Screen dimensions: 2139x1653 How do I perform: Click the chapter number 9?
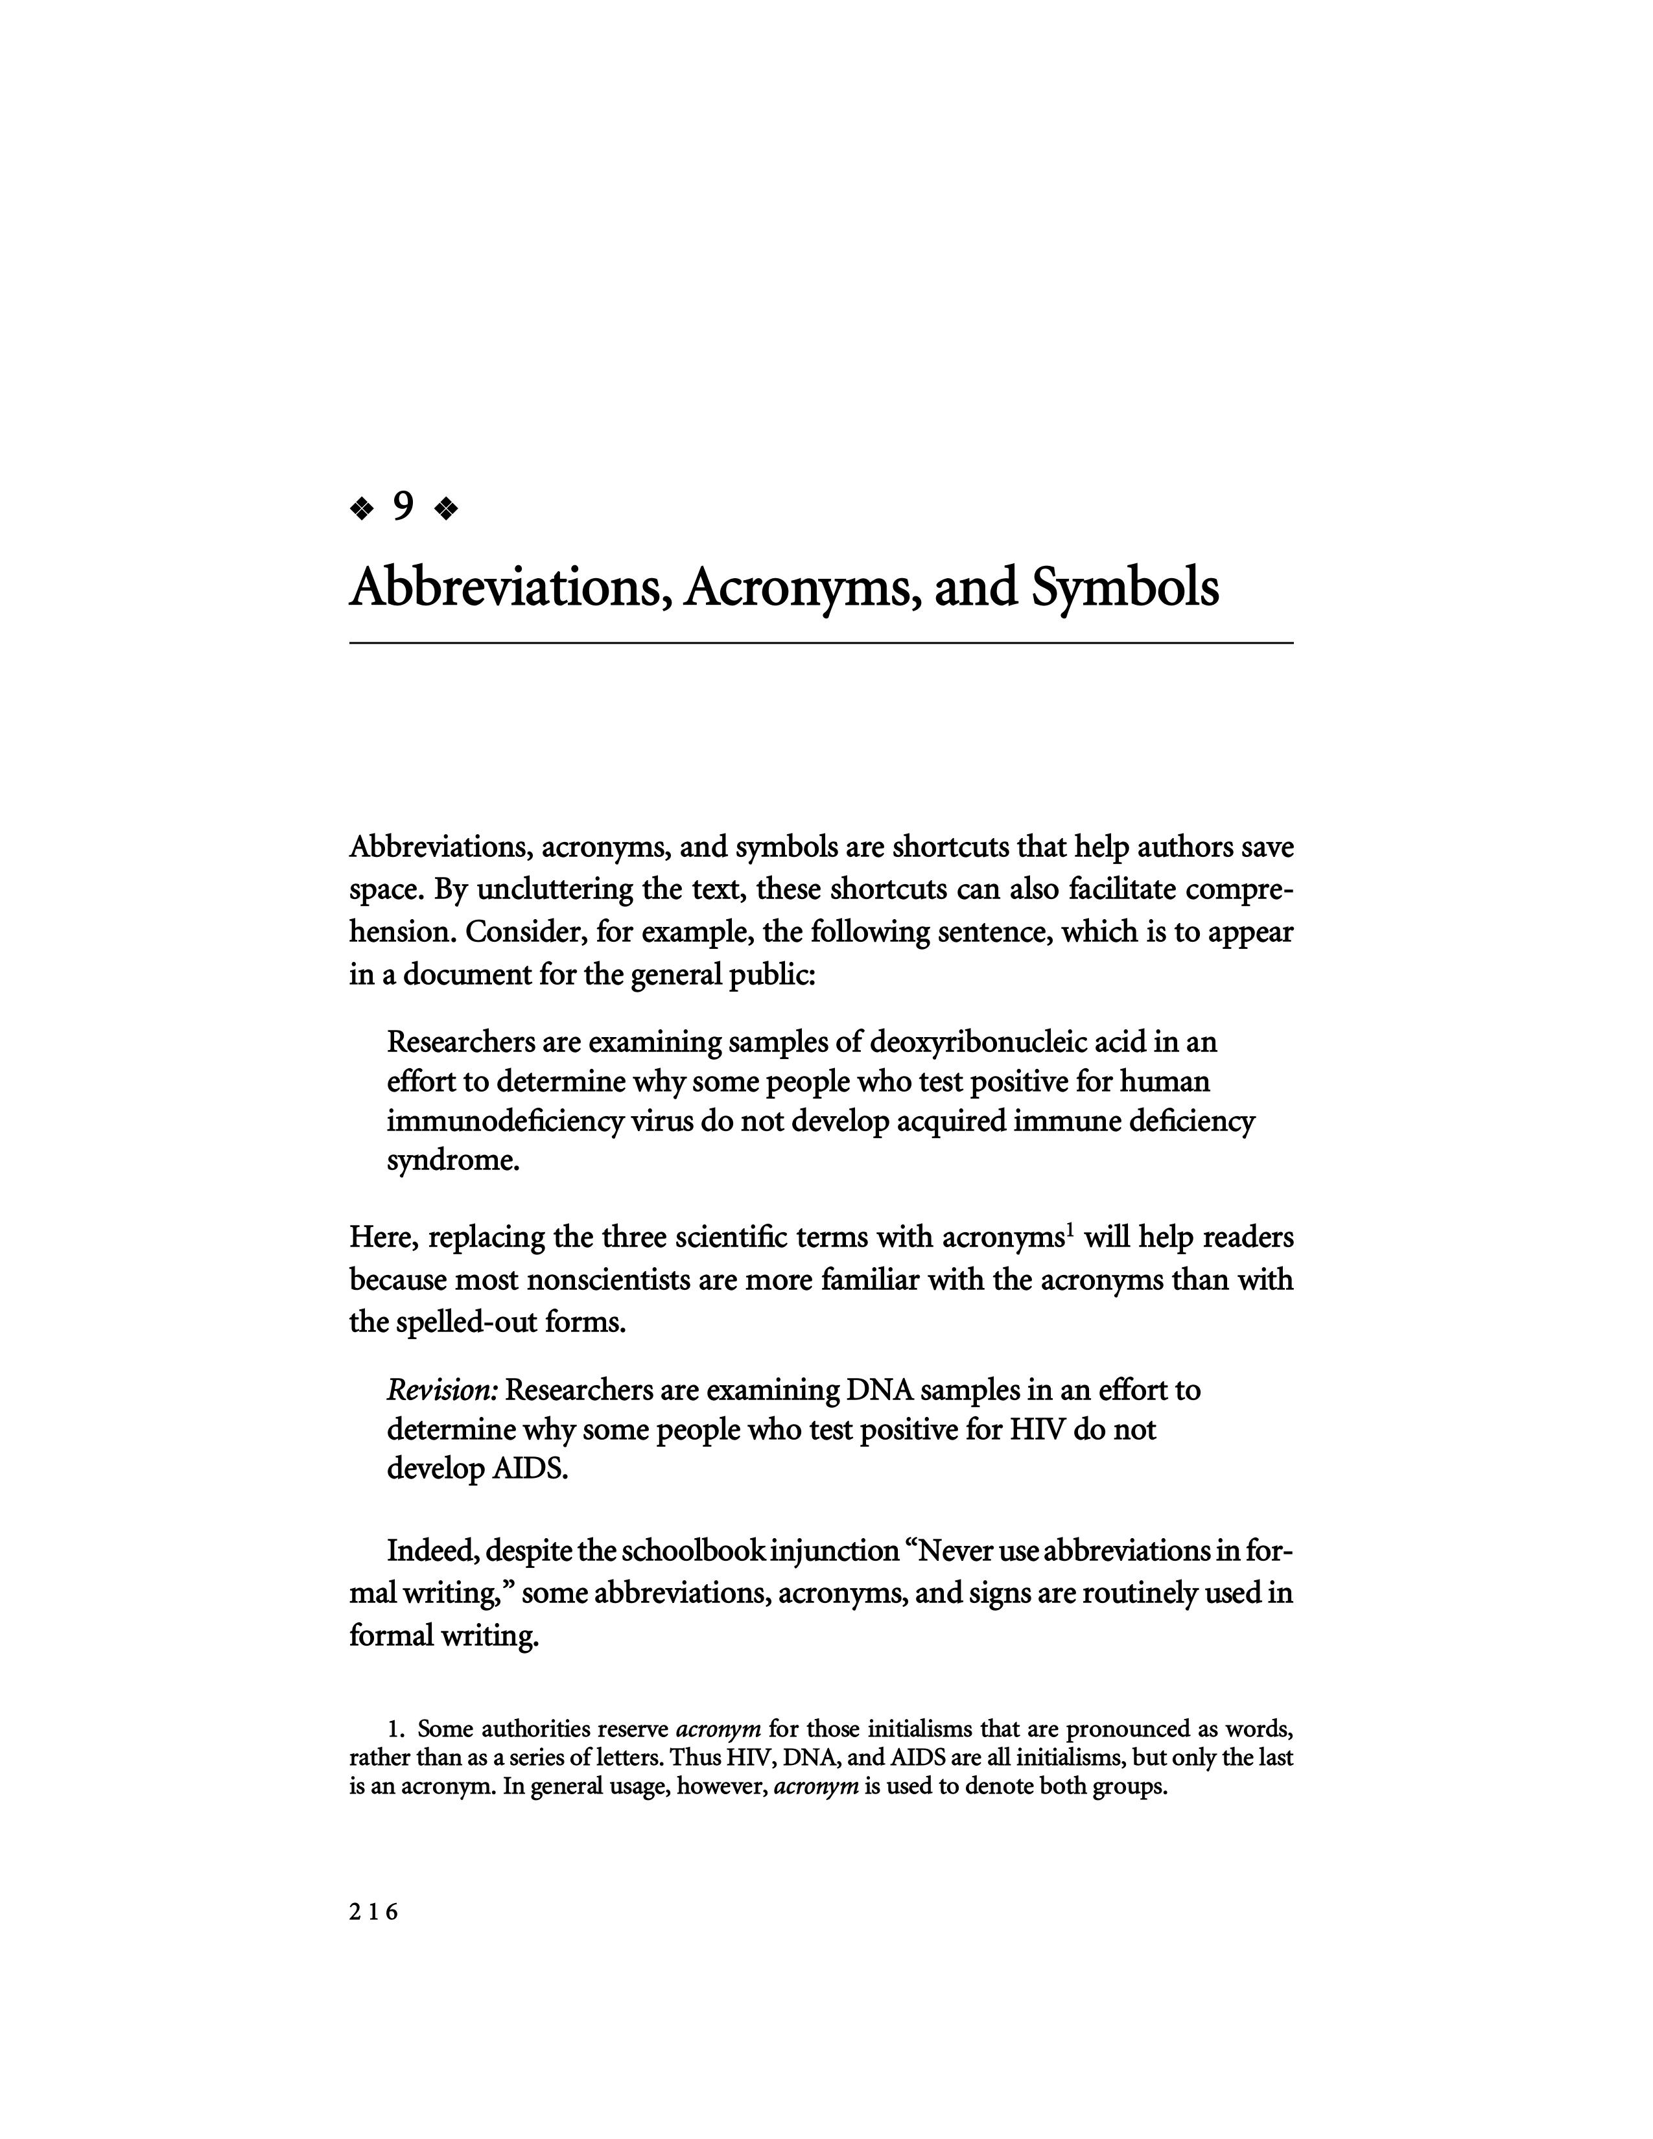(403, 508)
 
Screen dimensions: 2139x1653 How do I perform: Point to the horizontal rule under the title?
(821, 642)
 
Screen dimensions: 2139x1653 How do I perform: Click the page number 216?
(374, 1911)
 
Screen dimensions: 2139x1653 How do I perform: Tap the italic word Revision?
(443, 1391)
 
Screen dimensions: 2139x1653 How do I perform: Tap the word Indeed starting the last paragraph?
(431, 1551)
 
